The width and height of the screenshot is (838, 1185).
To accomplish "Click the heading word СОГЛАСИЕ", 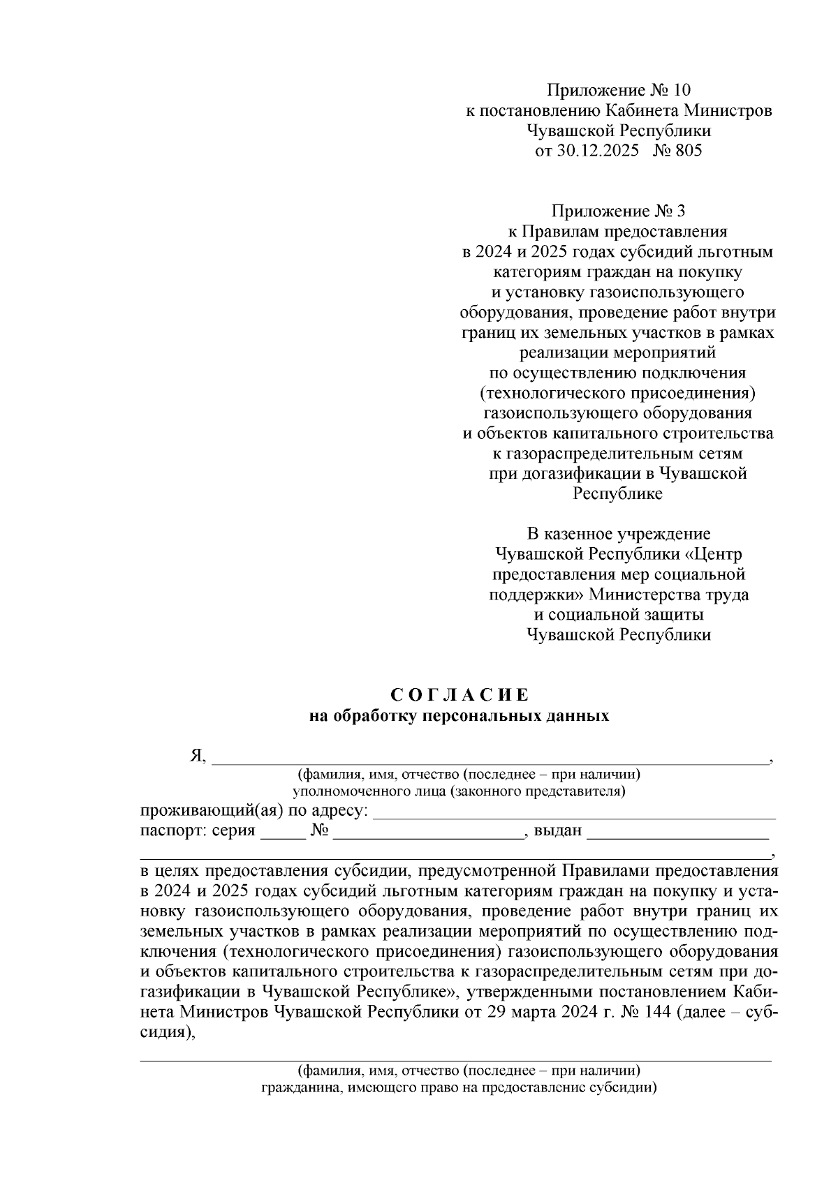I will [x=460, y=695].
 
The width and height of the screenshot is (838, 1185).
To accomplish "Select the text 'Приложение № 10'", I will [x=618, y=90].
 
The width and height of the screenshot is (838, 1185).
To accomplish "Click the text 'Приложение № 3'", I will [x=618, y=211].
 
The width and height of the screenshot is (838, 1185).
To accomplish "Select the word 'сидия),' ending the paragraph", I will [x=167, y=1033].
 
